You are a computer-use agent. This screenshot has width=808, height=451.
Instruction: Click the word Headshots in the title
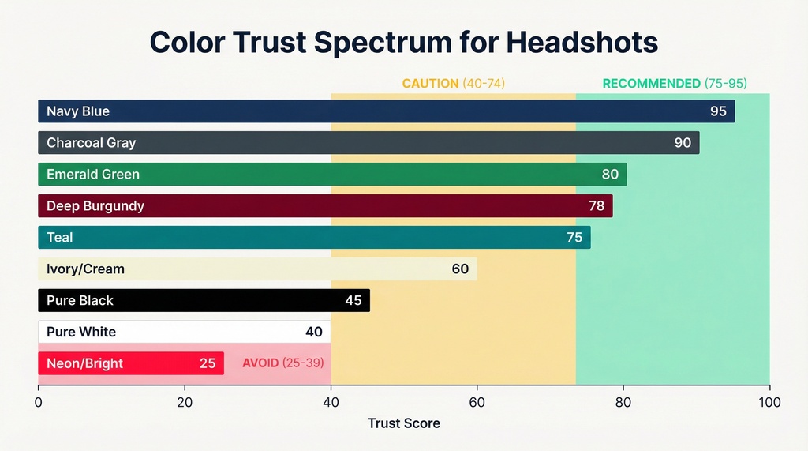coord(582,42)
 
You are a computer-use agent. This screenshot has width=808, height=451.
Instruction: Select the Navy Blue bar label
coord(78,111)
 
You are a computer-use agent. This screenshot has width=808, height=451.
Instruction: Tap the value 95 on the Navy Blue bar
coord(718,111)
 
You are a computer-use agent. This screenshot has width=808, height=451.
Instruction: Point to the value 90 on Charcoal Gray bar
coord(683,143)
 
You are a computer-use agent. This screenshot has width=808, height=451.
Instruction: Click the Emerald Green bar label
coord(92,175)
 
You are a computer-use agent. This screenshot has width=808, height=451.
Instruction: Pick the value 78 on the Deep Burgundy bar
coord(597,206)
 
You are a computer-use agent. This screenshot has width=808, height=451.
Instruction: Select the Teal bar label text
coord(59,238)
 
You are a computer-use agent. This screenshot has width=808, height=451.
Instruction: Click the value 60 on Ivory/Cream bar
coord(460,269)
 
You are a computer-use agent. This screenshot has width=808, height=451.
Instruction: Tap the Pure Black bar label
coord(80,301)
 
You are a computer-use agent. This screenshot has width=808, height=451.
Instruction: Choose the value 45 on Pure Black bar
coord(353,301)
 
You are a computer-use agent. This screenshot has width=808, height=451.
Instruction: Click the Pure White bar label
coord(81,332)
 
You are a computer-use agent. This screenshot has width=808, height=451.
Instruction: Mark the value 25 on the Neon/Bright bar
coord(208,364)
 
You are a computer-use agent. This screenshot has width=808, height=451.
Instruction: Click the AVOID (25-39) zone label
coord(282,364)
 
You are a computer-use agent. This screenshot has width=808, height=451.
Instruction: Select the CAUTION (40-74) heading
coord(453,83)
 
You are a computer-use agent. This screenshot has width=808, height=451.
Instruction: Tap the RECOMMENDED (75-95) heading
coord(674,83)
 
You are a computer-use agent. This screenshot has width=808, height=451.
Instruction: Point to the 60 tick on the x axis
coord(477,403)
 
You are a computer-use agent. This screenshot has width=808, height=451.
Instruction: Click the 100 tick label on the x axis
coord(769,403)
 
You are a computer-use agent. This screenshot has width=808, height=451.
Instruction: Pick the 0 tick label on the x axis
coord(38,403)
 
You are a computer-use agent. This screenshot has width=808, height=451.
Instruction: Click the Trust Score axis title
coord(403,423)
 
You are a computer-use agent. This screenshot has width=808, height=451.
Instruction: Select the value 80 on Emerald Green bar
coord(610,175)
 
